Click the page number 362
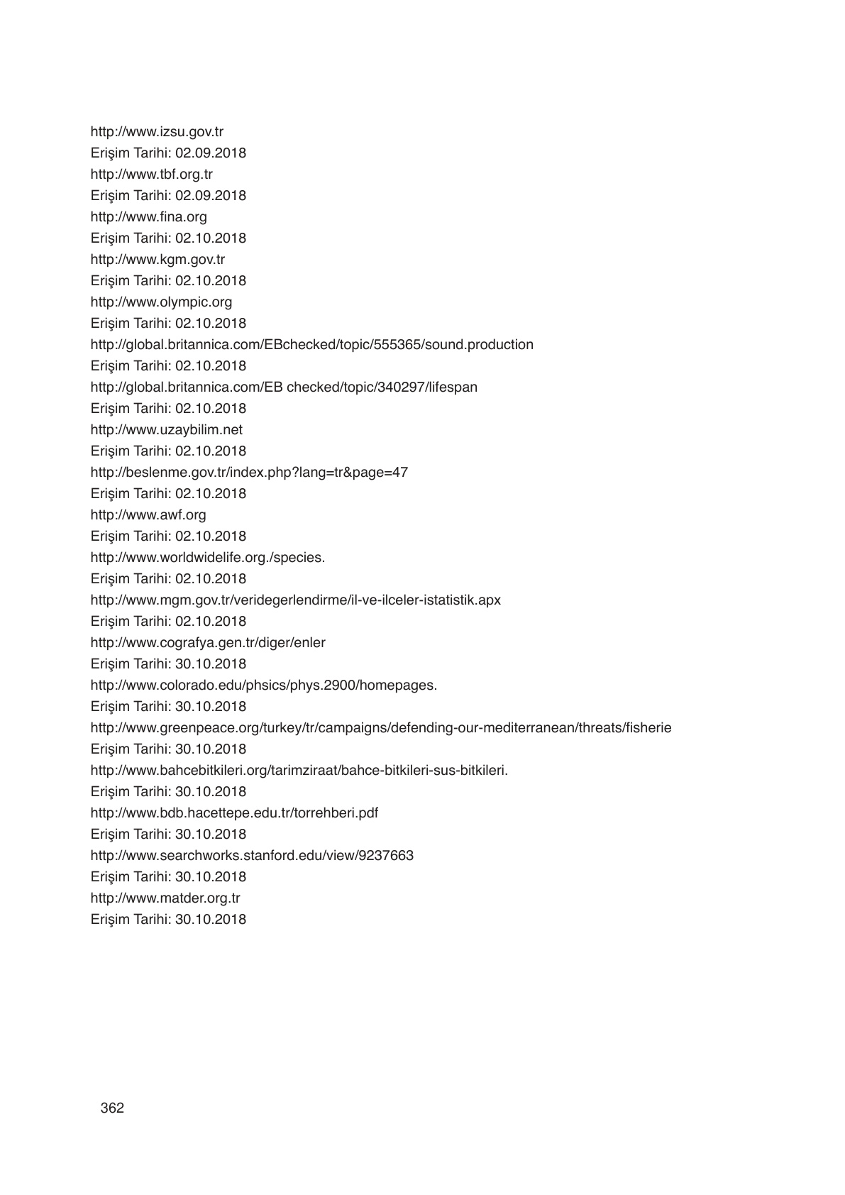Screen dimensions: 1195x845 click(x=112, y=1108)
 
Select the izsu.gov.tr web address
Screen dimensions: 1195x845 click(x=157, y=131)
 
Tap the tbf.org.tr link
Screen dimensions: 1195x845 click(x=151, y=174)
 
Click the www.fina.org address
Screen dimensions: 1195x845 click(x=148, y=216)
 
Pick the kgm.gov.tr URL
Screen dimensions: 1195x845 click(x=158, y=259)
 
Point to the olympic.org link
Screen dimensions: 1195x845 click(x=161, y=302)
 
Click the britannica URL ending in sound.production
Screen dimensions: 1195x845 click(x=311, y=344)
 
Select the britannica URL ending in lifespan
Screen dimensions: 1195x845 click(x=284, y=387)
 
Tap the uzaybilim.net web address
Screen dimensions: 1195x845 click(x=166, y=429)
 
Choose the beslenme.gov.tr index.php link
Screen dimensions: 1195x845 click(x=249, y=472)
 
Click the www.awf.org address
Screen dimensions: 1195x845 click(x=148, y=514)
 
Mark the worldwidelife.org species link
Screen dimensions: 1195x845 click(x=207, y=557)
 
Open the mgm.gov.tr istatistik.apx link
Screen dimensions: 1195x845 click(x=295, y=600)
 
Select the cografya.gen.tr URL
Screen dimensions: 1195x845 click(x=208, y=642)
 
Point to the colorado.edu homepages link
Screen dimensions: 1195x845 click(x=263, y=685)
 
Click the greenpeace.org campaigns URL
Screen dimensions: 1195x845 click(x=380, y=727)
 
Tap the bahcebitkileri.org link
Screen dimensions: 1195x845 click(x=299, y=770)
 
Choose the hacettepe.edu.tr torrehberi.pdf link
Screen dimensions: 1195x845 click(x=234, y=813)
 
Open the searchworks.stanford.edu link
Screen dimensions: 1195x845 click(x=252, y=855)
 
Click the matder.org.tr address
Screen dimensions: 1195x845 click(x=165, y=898)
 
